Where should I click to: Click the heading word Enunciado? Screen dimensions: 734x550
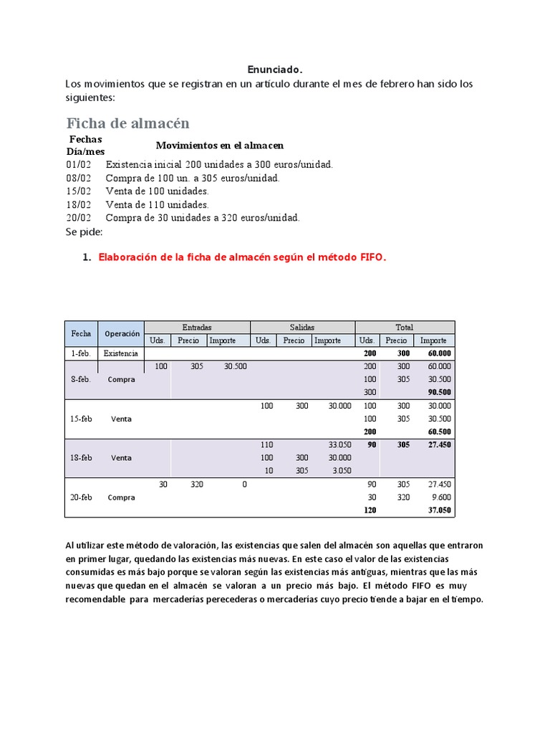click(275, 70)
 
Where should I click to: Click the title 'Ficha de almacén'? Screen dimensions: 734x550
click(127, 123)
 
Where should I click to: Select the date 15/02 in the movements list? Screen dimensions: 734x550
click(79, 191)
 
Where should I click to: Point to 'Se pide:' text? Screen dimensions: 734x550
click(84, 232)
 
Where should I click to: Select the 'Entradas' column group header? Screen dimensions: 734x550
click(197, 327)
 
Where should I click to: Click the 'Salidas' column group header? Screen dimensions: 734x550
click(301, 327)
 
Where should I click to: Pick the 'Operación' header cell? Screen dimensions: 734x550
click(122, 333)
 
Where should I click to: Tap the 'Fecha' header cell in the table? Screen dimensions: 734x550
click(81, 333)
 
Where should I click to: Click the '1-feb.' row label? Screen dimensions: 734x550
click(81, 353)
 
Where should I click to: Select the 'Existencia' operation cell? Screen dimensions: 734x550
click(121, 353)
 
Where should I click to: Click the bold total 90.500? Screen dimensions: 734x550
click(439, 392)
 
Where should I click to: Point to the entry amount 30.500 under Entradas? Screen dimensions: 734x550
click(235, 366)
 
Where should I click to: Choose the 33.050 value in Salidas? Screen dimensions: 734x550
click(339, 445)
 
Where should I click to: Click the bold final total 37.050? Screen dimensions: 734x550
click(439, 510)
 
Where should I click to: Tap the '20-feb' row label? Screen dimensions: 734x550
click(81, 497)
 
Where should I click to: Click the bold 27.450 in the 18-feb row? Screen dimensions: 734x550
click(439, 445)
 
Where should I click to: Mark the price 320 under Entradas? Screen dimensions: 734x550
click(197, 485)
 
